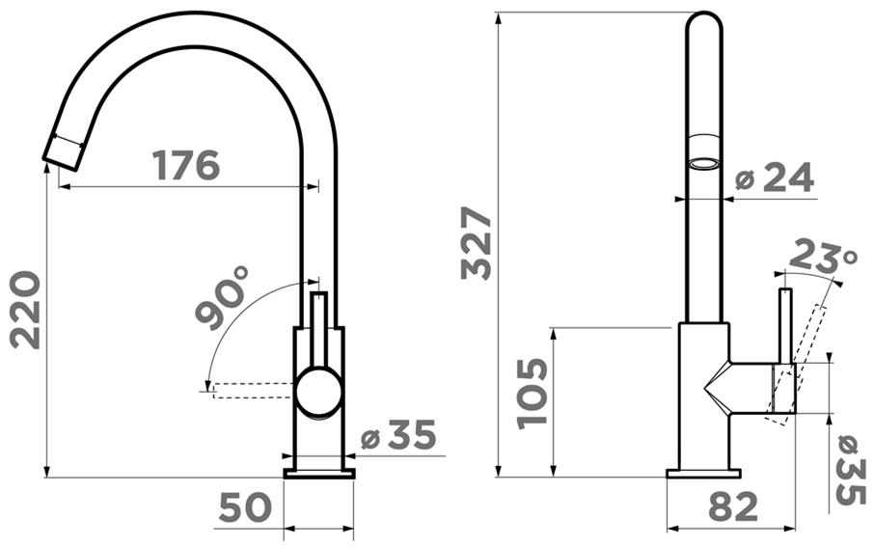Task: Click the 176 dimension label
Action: coord(185,165)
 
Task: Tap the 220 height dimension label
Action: coord(26,310)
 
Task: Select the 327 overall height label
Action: coord(476,242)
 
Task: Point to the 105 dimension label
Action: coord(533,394)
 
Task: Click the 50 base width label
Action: coord(245,507)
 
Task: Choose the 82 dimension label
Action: coord(733,507)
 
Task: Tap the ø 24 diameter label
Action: coord(775,178)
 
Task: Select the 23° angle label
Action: coord(823,257)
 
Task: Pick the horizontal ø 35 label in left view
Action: coord(398,435)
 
